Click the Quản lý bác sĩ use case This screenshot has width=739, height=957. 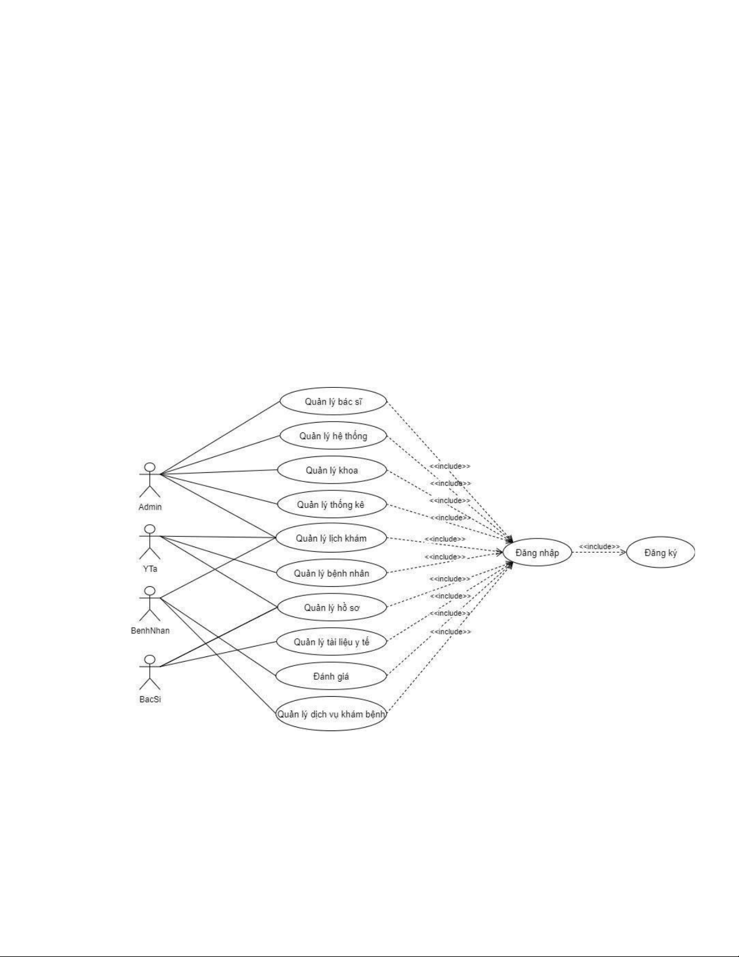click(x=332, y=402)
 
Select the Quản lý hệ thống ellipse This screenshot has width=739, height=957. click(x=332, y=436)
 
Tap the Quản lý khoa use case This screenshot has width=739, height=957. click(x=331, y=470)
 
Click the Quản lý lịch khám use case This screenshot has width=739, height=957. click(x=331, y=539)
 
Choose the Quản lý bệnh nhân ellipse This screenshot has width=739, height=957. click(x=331, y=573)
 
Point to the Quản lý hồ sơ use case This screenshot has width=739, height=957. click(x=331, y=607)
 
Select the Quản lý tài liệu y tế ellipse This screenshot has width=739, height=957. click(x=331, y=642)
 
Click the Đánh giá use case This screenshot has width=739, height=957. click(x=331, y=676)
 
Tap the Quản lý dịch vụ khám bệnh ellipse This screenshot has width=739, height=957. click(x=331, y=714)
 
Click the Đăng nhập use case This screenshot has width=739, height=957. click(x=537, y=552)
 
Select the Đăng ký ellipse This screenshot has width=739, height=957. click(x=661, y=552)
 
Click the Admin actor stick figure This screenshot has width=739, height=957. click(x=150, y=480)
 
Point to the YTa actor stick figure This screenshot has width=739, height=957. click(x=150, y=542)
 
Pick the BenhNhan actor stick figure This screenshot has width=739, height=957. click(x=150, y=604)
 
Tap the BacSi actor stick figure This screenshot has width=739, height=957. click(x=150, y=672)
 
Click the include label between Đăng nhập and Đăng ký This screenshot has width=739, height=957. click(x=599, y=546)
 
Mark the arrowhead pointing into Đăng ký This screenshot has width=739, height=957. click(x=623, y=551)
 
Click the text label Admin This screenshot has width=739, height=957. click(x=150, y=507)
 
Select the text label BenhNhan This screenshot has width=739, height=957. click(x=150, y=630)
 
